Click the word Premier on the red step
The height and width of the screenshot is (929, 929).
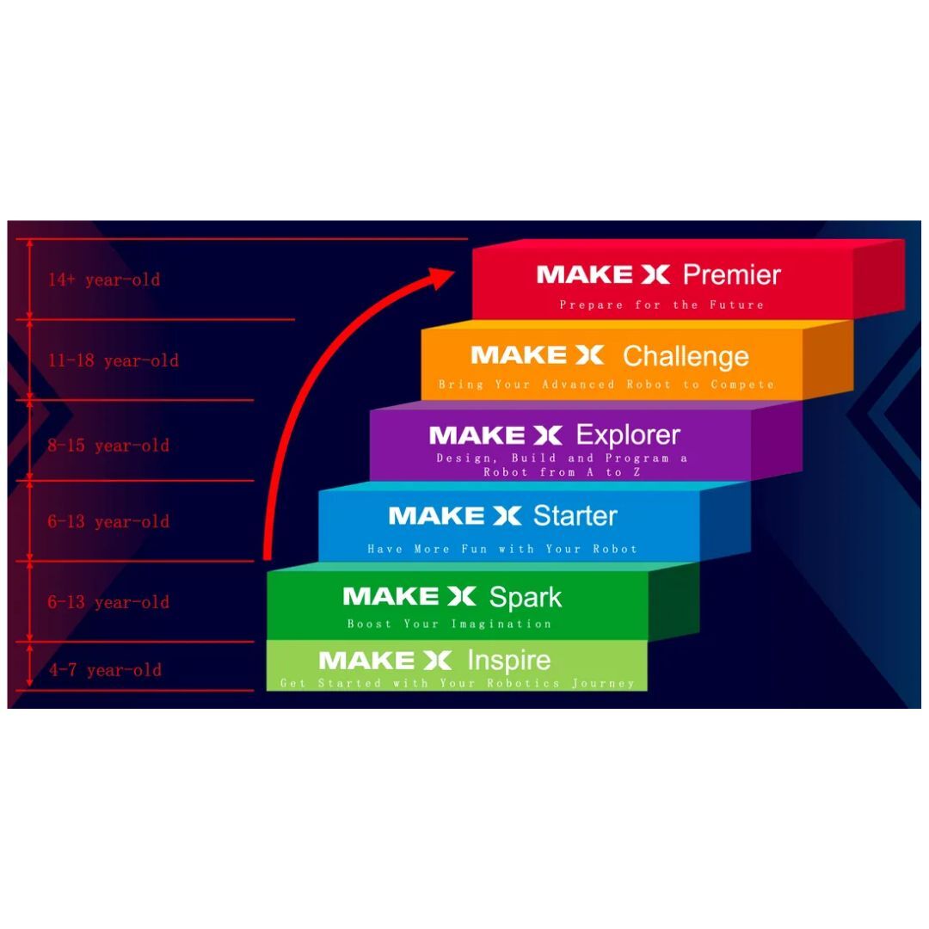tap(731, 275)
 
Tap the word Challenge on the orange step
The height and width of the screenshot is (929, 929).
tap(686, 356)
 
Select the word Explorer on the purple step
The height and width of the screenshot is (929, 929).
tap(628, 435)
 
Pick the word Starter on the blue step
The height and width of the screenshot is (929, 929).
tap(575, 516)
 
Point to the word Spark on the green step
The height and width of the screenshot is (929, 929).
tap(526, 597)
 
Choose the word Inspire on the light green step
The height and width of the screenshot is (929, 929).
tap(508, 661)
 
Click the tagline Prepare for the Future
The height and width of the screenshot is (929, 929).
tap(661, 305)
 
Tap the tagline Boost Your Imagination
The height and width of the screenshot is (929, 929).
tap(449, 624)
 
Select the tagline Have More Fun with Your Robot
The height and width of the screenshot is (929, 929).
tap(502, 549)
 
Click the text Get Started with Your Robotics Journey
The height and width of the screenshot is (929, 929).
tap(457, 684)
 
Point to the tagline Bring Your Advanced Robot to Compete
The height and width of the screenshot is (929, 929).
tap(606, 385)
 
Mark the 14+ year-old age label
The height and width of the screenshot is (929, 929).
tap(104, 280)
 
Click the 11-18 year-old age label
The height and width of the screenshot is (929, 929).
tap(114, 360)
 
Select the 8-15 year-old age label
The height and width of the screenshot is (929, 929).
tap(108, 446)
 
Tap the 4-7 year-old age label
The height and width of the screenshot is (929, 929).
tap(105, 670)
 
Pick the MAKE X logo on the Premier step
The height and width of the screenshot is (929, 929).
tap(602, 275)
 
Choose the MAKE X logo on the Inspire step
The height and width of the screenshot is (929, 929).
tap(385, 661)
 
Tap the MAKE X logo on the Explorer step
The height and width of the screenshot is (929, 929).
tap(495, 435)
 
